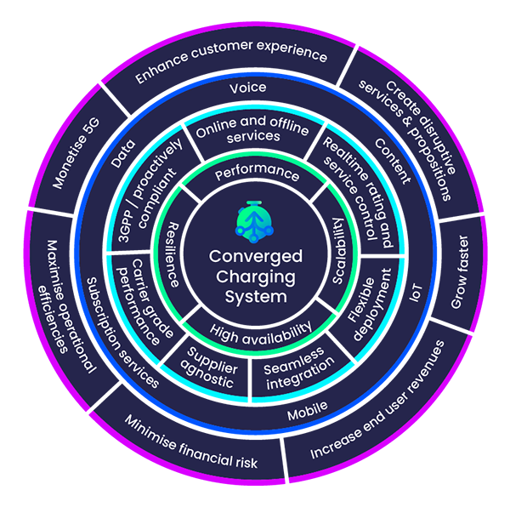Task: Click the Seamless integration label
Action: pyautogui.click(x=297, y=371)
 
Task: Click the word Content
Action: pyautogui.click(x=391, y=159)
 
